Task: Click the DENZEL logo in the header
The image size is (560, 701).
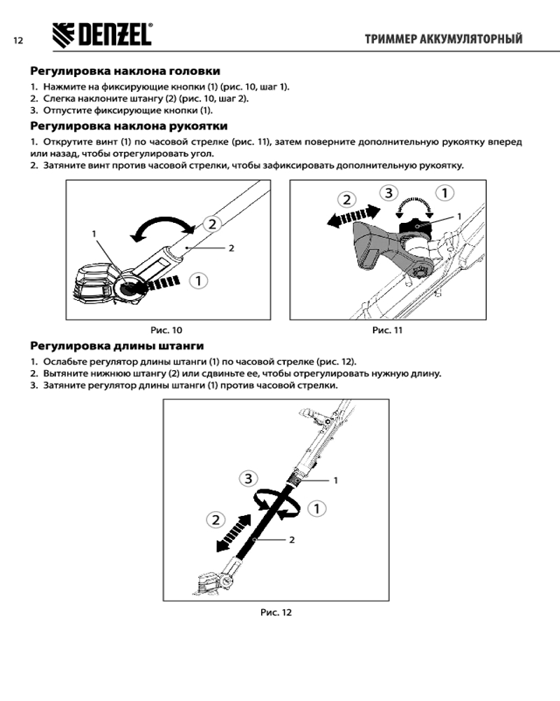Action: pyautogui.click(x=102, y=34)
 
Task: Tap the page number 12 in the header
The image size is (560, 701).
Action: pyautogui.click(x=18, y=41)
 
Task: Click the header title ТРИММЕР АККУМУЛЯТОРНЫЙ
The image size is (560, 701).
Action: pyautogui.click(x=443, y=39)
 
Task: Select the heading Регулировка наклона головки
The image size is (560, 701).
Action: pyautogui.click(x=125, y=71)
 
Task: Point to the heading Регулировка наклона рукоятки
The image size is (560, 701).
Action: pyautogui.click(x=128, y=126)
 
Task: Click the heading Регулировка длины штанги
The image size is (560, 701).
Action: pyautogui.click(x=117, y=346)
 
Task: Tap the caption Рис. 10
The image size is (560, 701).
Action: pyautogui.click(x=167, y=329)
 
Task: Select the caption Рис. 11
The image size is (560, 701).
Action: pyautogui.click(x=387, y=329)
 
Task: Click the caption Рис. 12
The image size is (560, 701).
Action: pyautogui.click(x=276, y=612)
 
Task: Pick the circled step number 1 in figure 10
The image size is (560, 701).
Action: pyautogui.click(x=199, y=281)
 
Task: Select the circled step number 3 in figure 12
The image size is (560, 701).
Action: pyautogui.click(x=248, y=479)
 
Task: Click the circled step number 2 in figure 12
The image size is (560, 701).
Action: pyautogui.click(x=216, y=520)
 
